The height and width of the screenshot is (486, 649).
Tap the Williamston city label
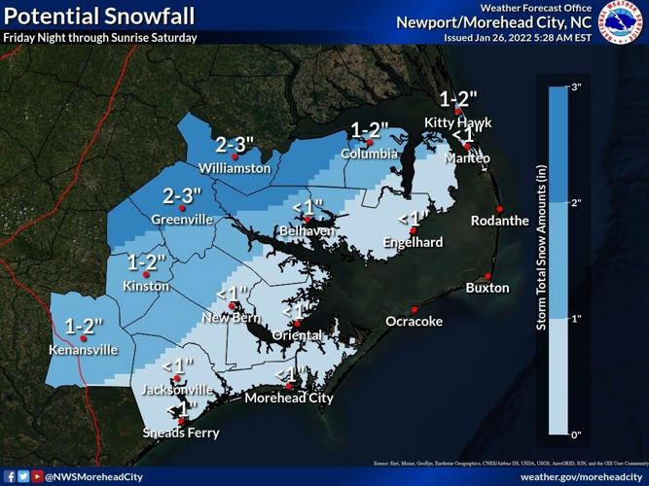(235, 167)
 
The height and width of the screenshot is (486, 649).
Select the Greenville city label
(182, 220)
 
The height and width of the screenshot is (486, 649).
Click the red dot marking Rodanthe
(499, 209)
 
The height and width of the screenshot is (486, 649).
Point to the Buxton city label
(487, 288)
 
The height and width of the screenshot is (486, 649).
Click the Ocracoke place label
(415, 321)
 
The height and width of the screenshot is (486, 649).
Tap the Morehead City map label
(288, 398)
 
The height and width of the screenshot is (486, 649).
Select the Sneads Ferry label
(180, 433)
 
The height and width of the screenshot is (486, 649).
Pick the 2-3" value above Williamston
(235, 145)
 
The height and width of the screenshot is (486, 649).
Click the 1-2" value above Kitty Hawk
(459, 99)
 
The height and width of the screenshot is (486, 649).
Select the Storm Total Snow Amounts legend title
(541, 260)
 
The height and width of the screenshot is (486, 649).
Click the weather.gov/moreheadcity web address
(580, 476)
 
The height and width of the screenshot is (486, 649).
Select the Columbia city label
(369, 154)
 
